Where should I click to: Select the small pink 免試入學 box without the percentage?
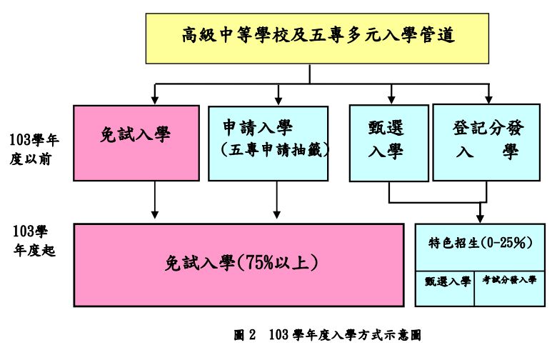pyautogui.click(x=136, y=143)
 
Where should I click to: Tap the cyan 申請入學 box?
pyautogui.click(x=268, y=143)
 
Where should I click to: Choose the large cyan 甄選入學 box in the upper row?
pyautogui.click(x=388, y=143)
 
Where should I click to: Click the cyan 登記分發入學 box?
pyautogui.click(x=488, y=143)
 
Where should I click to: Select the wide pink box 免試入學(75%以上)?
pyautogui.click(x=239, y=265)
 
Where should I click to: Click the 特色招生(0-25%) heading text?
pyautogui.click(x=482, y=242)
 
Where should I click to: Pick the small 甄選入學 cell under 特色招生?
pyautogui.click(x=444, y=281)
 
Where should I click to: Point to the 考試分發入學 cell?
pyautogui.click(x=510, y=281)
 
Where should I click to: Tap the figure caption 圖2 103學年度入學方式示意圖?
pyautogui.click(x=333, y=334)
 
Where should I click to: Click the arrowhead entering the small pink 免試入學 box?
pyautogui.click(x=155, y=100)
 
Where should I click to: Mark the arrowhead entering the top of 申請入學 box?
pyautogui.click(x=278, y=100)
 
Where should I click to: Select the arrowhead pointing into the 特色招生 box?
pyautogui.click(x=478, y=218)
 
